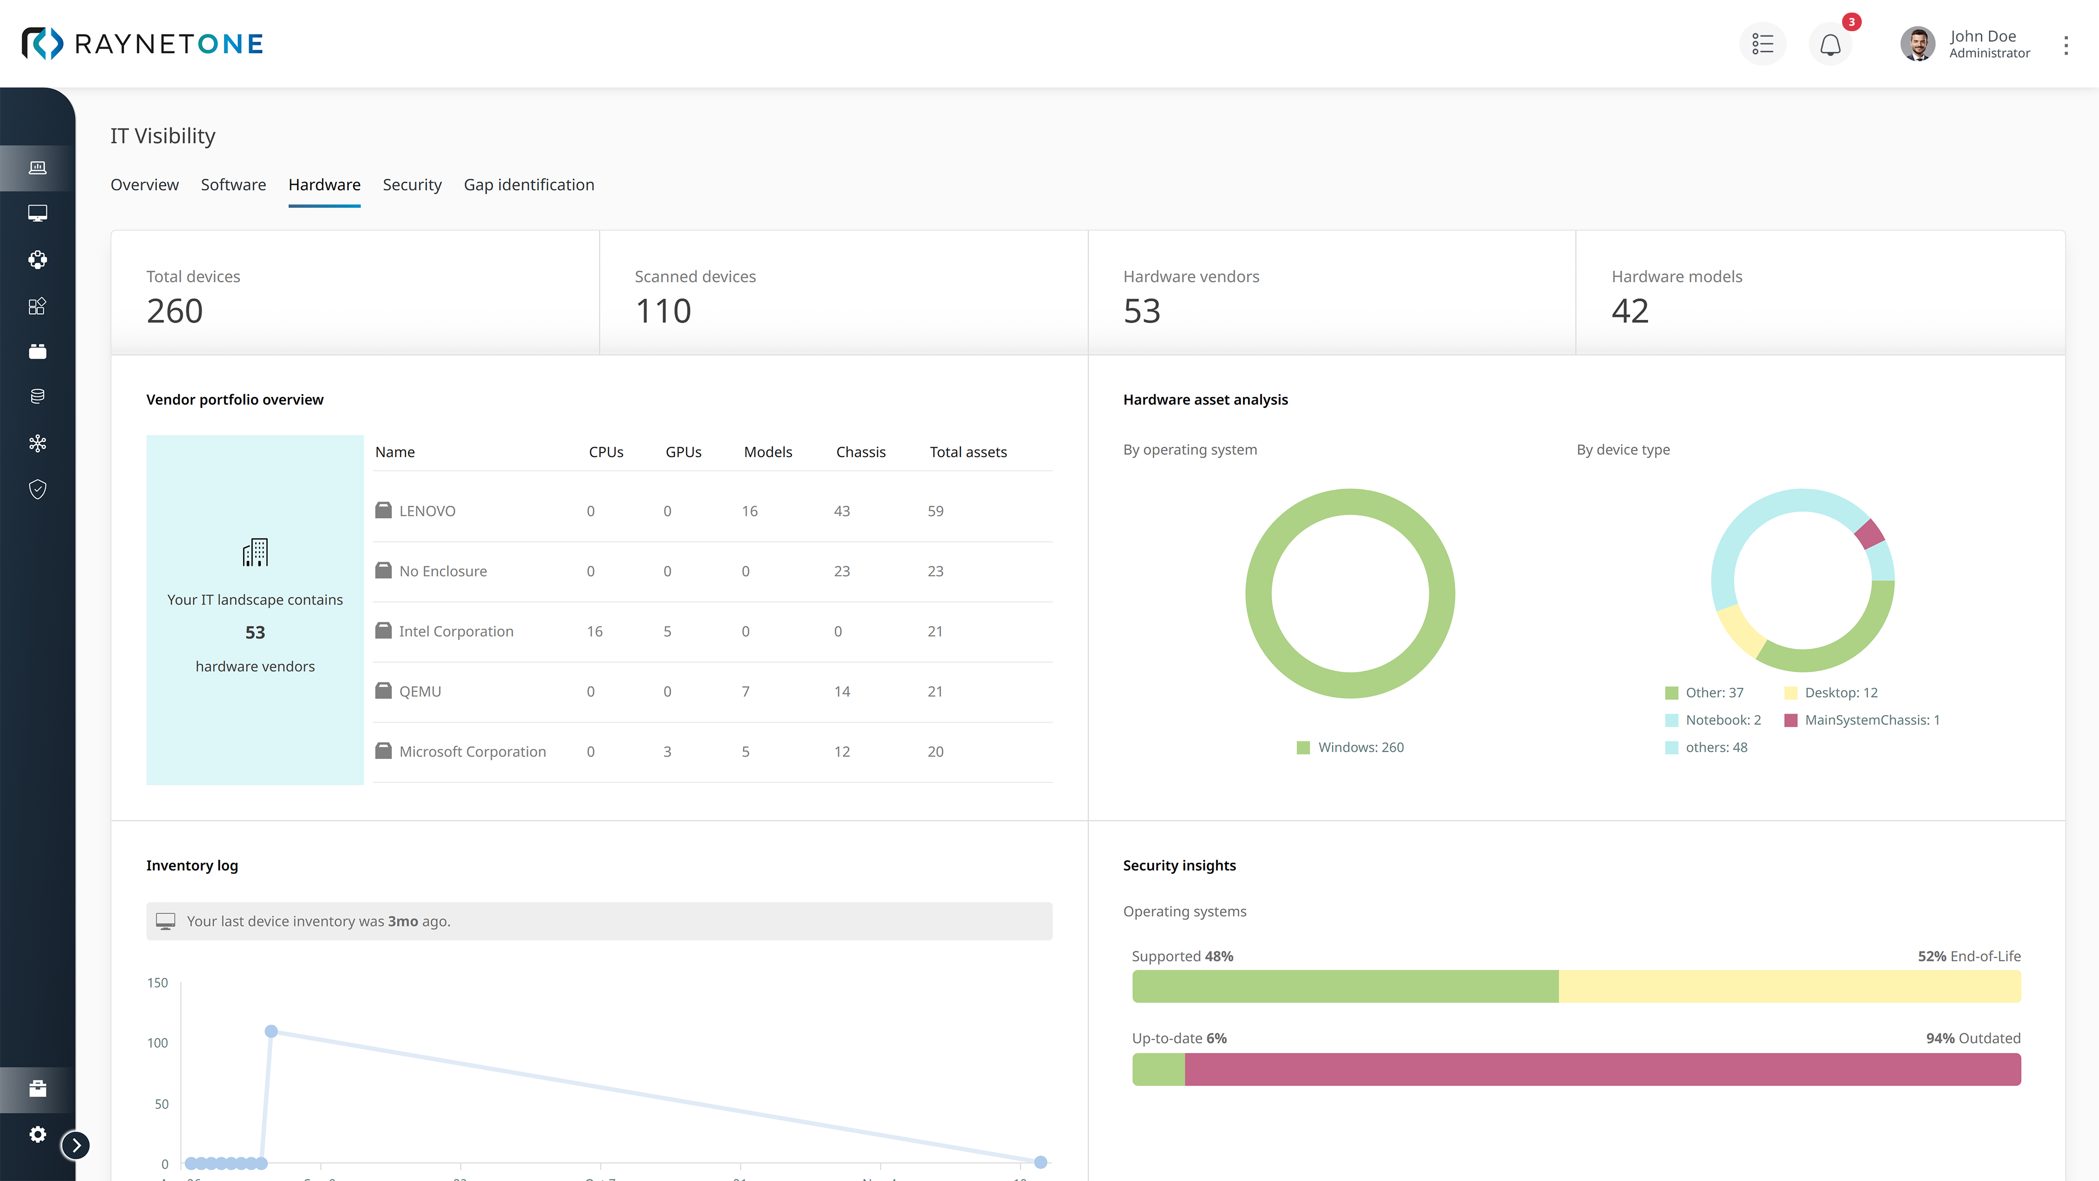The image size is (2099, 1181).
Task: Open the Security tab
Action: coord(412,185)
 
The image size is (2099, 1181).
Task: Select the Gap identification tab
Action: coord(529,185)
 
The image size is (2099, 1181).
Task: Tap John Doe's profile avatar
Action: coord(1918,44)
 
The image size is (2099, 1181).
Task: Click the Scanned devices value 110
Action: coord(662,311)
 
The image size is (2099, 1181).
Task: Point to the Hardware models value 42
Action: coord(1629,311)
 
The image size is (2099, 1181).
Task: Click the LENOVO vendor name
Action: coord(427,511)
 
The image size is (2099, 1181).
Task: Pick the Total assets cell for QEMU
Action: coord(935,691)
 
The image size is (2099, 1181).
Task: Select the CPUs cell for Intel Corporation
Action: coord(594,632)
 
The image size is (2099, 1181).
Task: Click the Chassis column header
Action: coord(860,452)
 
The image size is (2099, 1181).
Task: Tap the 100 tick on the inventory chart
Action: coord(157,1043)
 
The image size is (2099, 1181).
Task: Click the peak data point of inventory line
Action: coord(271,1031)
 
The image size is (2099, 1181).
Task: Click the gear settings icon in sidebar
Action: coord(38,1135)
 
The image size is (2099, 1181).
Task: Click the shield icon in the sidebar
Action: coord(38,489)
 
